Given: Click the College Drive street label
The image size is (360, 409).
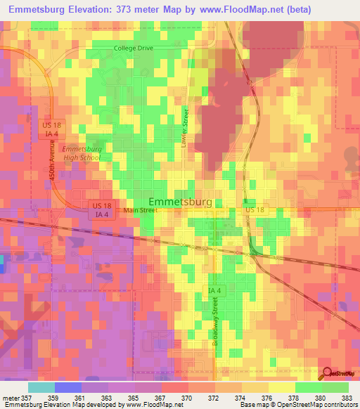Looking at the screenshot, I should pos(134,48).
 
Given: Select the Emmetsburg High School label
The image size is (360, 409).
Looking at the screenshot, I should pos(82,153).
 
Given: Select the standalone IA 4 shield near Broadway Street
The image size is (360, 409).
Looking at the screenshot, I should pos(214,290).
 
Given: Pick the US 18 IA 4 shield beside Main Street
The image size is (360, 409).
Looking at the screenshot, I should pos(101,209).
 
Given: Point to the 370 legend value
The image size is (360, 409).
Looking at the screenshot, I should pos(187,398).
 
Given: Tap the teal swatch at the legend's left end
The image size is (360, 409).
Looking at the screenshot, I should pos(41,387).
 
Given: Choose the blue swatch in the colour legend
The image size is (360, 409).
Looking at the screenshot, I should pos(68,387).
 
